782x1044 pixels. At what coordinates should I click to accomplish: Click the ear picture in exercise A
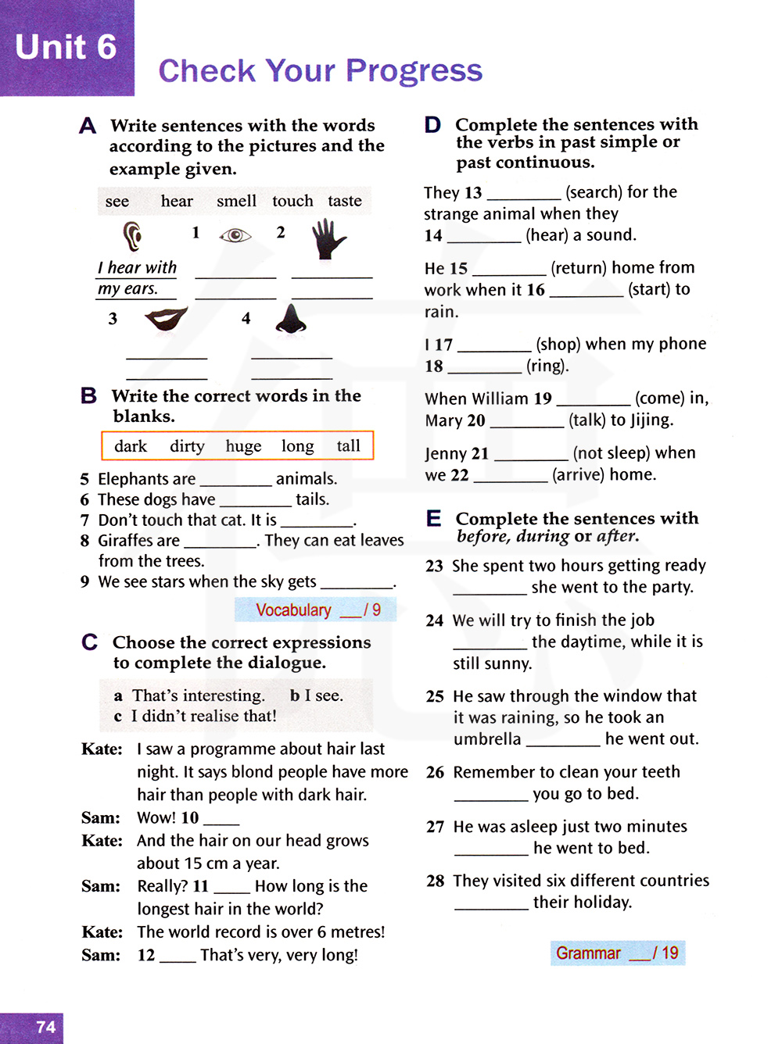point(132,235)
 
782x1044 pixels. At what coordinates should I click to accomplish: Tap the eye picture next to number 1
point(235,235)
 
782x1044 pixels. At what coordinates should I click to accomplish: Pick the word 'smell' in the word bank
point(236,202)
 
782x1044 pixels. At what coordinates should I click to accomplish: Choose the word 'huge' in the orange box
point(243,446)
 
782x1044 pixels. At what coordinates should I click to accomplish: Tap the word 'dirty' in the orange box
point(187,446)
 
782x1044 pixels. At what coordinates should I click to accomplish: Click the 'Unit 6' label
point(66,48)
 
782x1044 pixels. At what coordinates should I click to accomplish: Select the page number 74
point(46,1027)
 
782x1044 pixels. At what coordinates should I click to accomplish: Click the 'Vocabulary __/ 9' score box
point(316,610)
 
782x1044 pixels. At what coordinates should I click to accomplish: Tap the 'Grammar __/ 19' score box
point(617,953)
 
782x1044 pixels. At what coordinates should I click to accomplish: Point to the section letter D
point(432,125)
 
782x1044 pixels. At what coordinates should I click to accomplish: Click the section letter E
point(433,519)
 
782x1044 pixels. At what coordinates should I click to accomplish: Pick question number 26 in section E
point(435,773)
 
